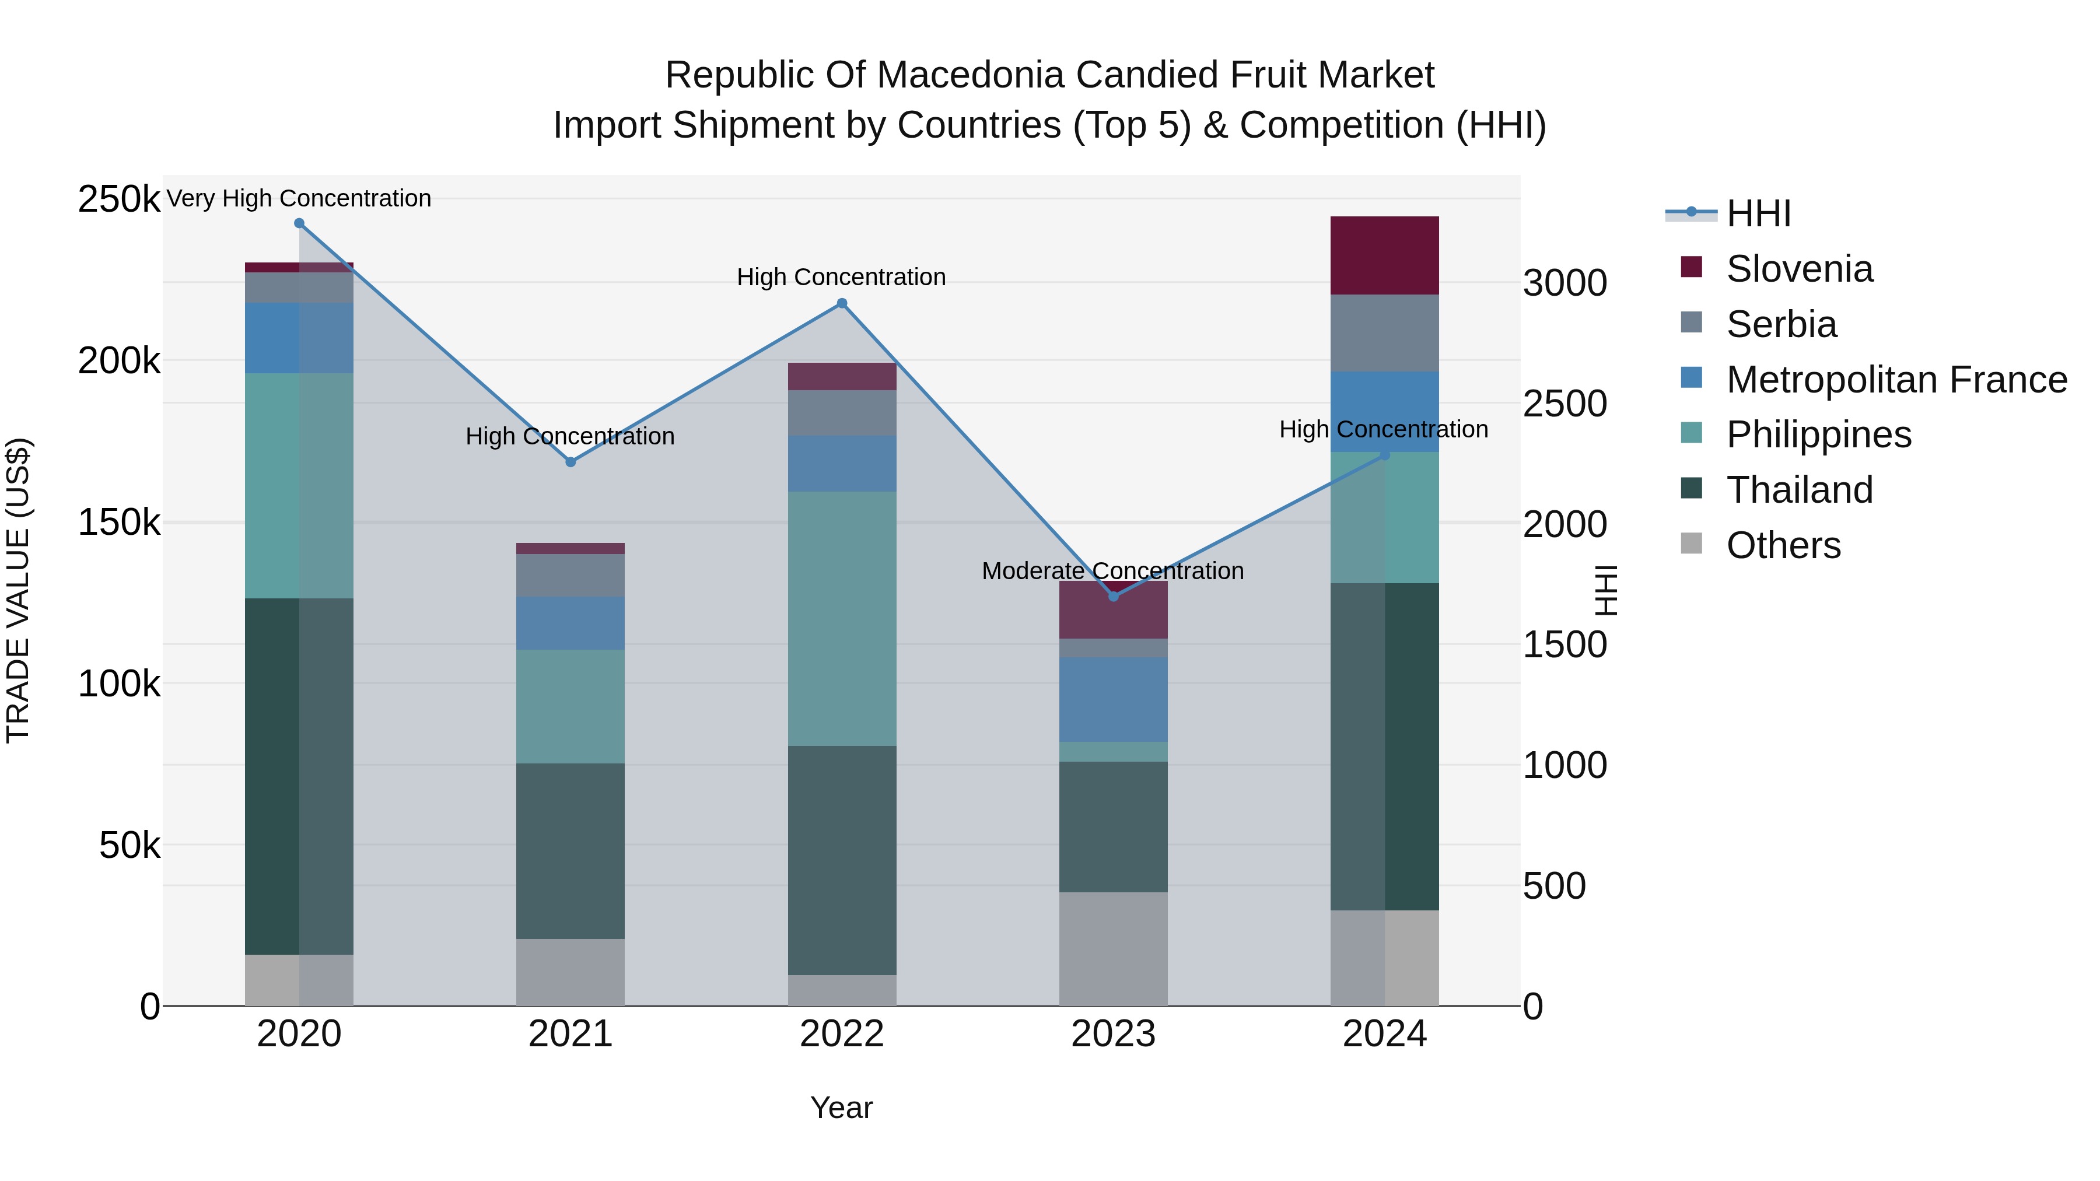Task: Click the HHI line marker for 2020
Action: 299,223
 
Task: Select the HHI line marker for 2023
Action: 1114,597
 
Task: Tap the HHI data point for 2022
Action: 842,304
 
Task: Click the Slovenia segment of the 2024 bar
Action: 1384,255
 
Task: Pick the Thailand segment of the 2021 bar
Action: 570,850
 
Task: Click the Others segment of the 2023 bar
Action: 1114,949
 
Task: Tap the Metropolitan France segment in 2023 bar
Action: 1114,699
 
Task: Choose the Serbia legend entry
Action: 1781,324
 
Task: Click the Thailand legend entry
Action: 1799,490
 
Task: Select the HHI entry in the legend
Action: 1758,213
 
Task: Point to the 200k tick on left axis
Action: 119,360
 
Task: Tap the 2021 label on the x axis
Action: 570,1034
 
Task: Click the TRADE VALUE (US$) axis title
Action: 18,590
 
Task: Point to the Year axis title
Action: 841,1108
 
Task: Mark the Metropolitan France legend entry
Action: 1896,380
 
